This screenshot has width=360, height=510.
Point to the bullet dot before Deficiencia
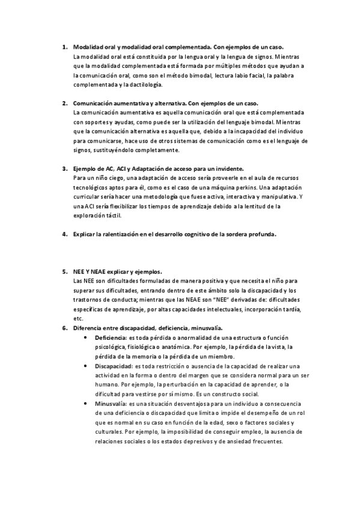click(90, 337)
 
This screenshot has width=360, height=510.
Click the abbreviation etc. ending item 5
click(78, 318)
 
